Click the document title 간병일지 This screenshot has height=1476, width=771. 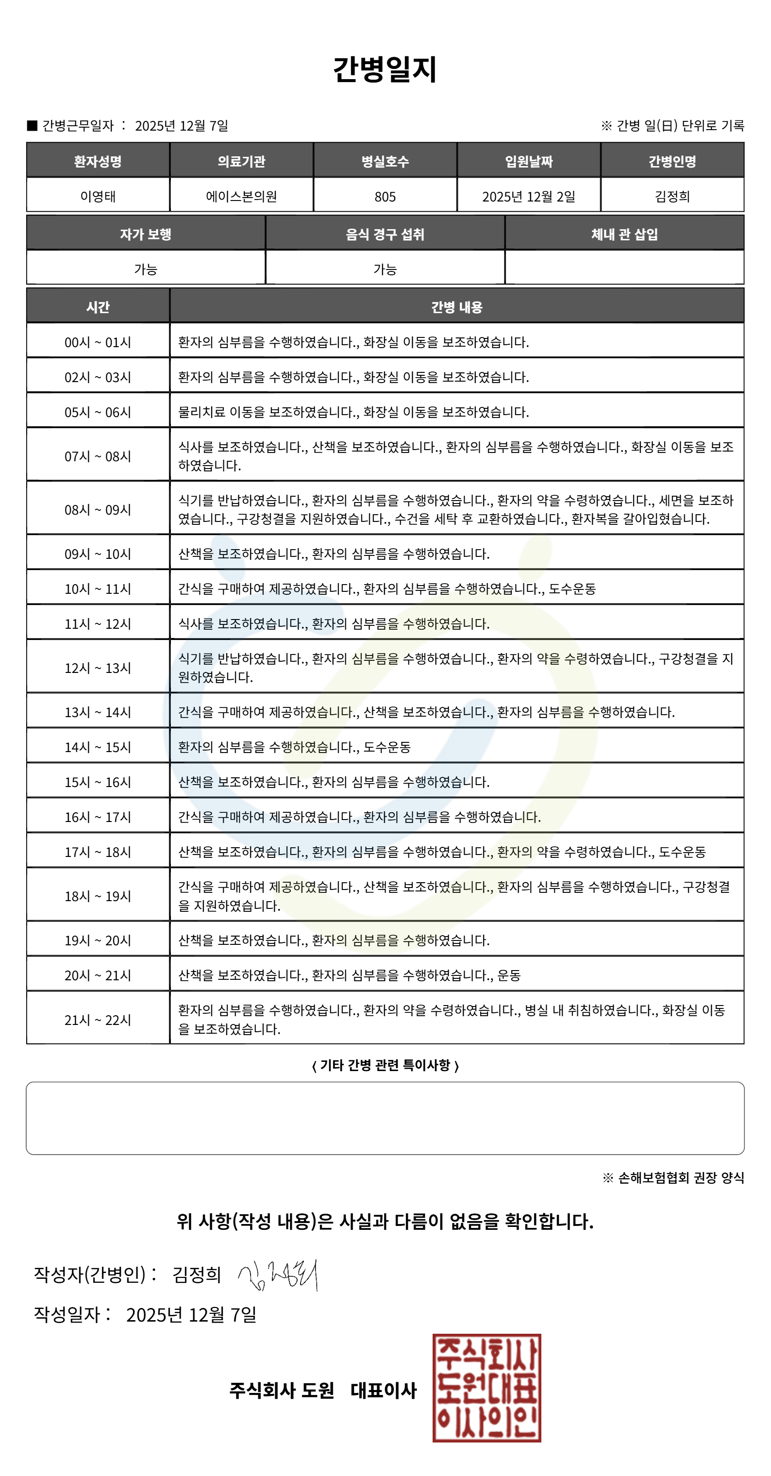(385, 69)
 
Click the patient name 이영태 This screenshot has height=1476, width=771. (98, 197)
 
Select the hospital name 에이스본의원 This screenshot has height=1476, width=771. (241, 197)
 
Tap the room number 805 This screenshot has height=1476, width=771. (385, 197)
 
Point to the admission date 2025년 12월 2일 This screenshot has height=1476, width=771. (528, 197)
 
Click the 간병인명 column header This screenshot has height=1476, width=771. (672, 161)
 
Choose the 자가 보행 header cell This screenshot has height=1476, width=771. (146, 234)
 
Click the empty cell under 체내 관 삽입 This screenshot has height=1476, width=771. (624, 268)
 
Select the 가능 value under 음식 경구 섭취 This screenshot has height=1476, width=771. (385, 268)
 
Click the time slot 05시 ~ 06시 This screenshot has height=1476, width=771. (98, 412)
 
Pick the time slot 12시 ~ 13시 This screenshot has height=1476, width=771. (98, 668)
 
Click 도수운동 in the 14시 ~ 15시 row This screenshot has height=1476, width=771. (387, 747)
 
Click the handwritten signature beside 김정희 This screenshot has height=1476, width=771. (278, 1275)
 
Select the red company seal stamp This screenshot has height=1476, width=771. (486, 1387)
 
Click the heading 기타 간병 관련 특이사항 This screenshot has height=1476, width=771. (385, 1065)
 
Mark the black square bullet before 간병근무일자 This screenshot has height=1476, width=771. (32, 125)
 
